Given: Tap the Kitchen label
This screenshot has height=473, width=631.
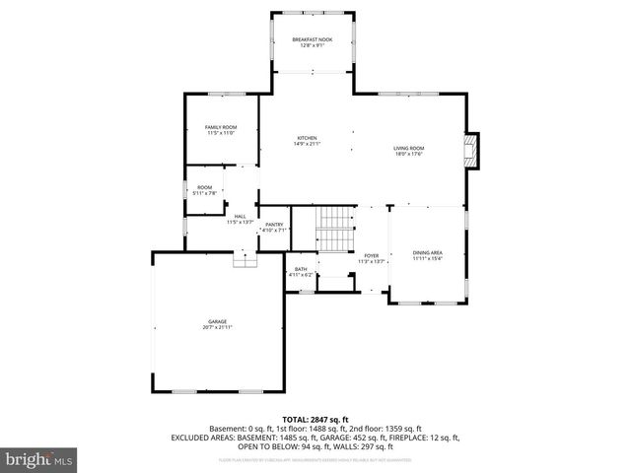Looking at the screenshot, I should coord(307,137).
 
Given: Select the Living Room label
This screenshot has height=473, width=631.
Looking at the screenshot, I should coord(409,147).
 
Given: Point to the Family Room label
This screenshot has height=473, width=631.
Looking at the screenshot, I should coord(221,127).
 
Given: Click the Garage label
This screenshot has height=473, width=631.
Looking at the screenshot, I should coord(217,321).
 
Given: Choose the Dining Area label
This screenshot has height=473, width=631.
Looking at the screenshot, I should coord(428,253).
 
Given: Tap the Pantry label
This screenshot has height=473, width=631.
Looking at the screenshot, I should coord(275,226).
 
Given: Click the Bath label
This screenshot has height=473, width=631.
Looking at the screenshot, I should coord(301,269).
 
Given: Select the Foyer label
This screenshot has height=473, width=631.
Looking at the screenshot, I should coord(371,255).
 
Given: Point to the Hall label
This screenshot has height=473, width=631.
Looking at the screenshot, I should coord(240,217).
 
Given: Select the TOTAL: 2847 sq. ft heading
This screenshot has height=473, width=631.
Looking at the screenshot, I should coord(315,420).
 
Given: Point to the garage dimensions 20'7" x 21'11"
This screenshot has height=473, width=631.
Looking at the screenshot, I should coord(217,327).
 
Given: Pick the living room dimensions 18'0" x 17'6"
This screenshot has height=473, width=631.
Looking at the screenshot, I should coord(409,153).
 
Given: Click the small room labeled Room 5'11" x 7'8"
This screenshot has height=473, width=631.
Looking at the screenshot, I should coord(204,189).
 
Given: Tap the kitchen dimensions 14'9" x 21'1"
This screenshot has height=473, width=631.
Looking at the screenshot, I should coord(307,144).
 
